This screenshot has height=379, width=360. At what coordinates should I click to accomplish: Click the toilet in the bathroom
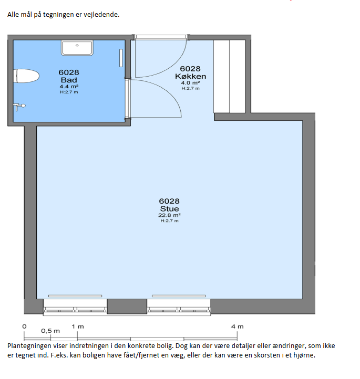pos(26,76)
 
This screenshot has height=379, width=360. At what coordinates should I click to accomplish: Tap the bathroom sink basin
pos(77,48)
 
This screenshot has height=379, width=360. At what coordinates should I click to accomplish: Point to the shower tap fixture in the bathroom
pos(19,107)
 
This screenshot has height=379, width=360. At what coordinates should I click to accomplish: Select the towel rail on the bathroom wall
pos(121,58)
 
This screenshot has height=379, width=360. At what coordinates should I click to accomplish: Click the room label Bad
pos(69,80)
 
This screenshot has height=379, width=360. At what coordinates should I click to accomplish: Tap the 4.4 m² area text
pos(69,87)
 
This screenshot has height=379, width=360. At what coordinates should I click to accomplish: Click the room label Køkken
pos(190,77)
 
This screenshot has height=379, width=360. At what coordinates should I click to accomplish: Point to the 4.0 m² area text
pos(190,83)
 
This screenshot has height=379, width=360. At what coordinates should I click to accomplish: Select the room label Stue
pos(169,209)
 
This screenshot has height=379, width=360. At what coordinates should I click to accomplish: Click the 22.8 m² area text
pos(169,215)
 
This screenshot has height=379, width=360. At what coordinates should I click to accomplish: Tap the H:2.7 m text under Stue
pos(169,220)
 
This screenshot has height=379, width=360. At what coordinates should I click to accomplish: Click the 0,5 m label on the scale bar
pos(50,331)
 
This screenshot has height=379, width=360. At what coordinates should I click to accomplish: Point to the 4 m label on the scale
pos(237,327)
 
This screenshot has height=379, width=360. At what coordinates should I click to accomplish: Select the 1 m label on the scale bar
pos(78,327)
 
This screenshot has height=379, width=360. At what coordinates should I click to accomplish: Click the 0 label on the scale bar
pos(24,327)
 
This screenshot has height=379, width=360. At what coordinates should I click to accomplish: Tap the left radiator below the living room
pos(75,296)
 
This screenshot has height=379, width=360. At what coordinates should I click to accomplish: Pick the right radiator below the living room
pos(179,296)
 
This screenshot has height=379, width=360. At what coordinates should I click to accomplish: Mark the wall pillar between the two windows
pos(127,306)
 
